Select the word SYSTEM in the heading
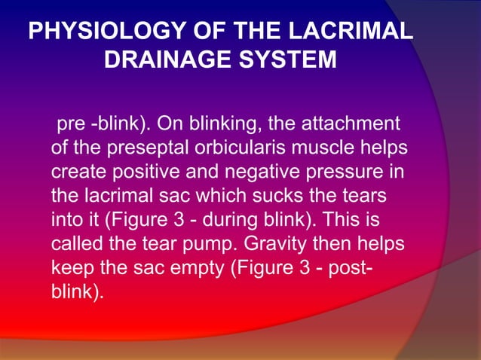pos(290,59)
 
